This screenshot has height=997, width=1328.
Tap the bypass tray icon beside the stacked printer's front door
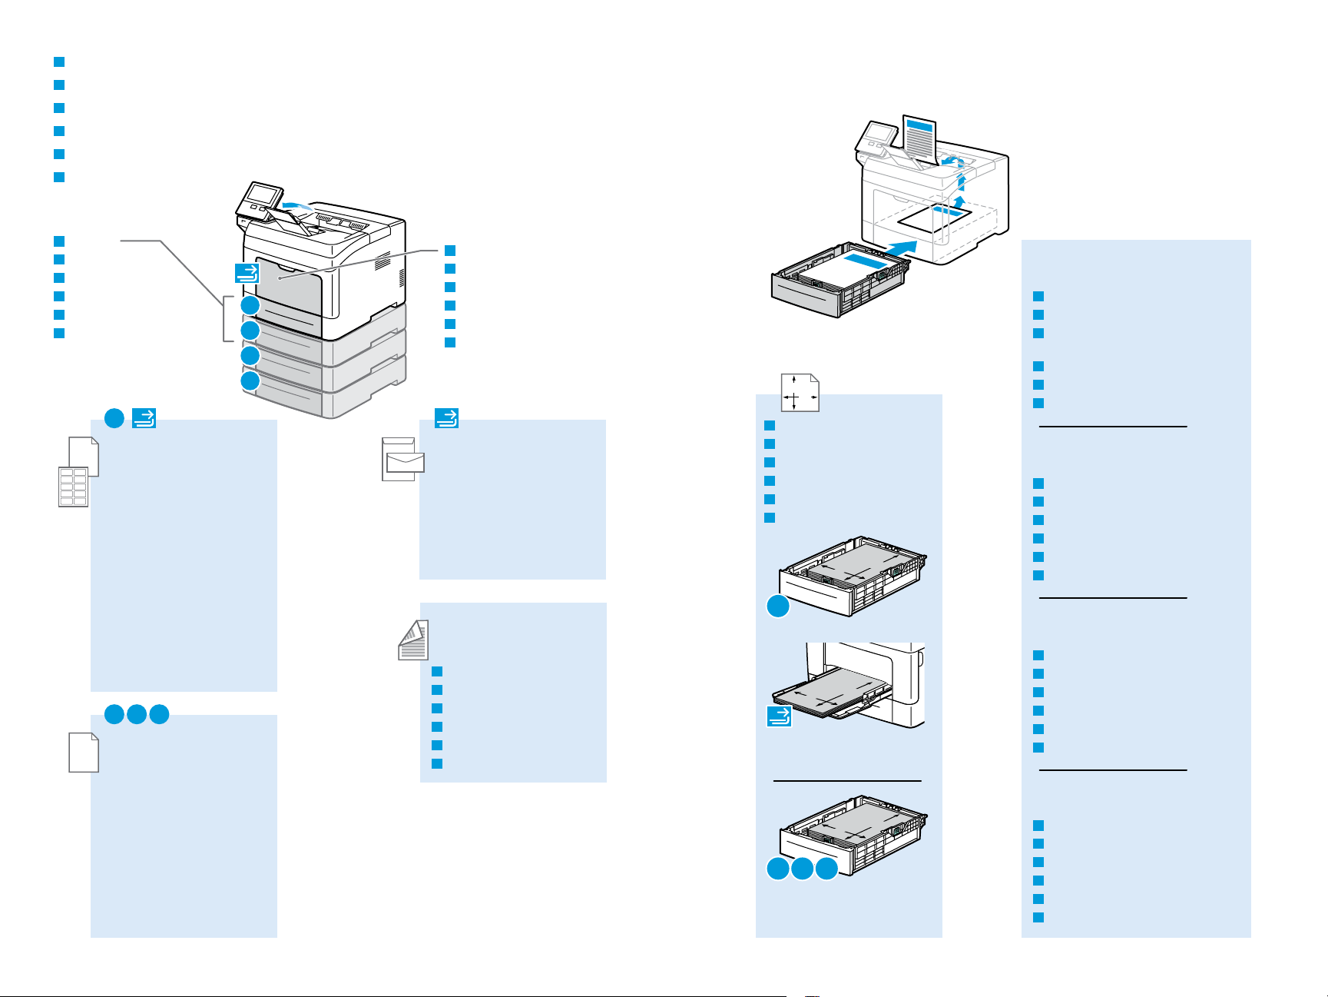tap(247, 272)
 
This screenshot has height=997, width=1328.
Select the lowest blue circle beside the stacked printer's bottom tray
tap(250, 381)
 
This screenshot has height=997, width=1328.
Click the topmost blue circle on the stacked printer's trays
tap(250, 306)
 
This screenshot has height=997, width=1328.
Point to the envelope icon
tap(405, 461)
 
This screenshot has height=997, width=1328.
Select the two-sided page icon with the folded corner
tap(412, 640)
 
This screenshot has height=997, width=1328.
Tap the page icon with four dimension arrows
tap(800, 392)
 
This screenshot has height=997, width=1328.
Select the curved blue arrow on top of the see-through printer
tap(952, 161)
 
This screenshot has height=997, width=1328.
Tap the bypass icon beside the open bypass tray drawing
tap(779, 716)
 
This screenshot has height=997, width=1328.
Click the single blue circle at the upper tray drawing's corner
tap(778, 607)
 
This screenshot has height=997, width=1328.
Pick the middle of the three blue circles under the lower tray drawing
tap(802, 869)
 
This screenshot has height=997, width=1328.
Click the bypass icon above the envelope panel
tap(446, 418)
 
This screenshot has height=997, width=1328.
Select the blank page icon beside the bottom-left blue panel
tap(83, 752)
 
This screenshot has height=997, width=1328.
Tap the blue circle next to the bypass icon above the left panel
tap(114, 418)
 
